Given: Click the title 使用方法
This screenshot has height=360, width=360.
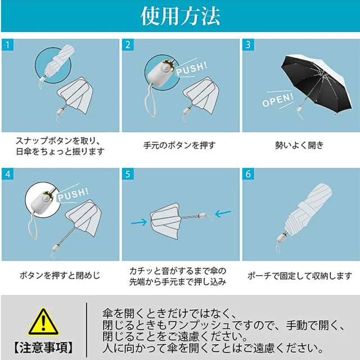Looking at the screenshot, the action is pos(181,16).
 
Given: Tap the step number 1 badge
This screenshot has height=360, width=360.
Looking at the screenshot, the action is pos(7,45).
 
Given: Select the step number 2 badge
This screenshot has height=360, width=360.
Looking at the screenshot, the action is pos(128,45).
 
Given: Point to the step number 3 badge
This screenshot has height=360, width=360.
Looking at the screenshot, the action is pos(248,45).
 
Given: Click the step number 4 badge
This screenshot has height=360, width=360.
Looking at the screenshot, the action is pos(7,174).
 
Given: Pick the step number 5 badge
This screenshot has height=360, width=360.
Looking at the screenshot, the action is pos(128,174).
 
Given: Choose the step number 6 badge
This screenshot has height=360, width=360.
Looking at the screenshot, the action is pos(248,174).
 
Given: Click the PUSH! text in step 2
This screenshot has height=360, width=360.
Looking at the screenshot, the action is pos(192,69).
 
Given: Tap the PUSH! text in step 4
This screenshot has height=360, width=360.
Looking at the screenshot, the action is pos(73,195).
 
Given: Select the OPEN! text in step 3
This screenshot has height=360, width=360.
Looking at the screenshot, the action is pos(278,100).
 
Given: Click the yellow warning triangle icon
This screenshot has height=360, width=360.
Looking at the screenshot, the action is pos(43,322).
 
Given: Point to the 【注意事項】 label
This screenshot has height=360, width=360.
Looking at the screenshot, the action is pos(43,347).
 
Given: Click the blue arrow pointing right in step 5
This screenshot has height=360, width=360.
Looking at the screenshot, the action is pos(139,222).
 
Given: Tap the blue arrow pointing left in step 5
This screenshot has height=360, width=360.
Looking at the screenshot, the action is pos(223,214).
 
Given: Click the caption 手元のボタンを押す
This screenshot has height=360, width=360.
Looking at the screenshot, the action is pos(179,145).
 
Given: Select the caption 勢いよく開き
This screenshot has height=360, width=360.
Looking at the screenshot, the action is pos(299,145).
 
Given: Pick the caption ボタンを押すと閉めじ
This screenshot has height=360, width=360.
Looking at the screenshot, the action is pos(60,275).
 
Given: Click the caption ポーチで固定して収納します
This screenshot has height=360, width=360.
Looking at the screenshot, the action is pos(300,276).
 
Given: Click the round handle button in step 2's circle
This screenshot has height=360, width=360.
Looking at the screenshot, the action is pos(165,68).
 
